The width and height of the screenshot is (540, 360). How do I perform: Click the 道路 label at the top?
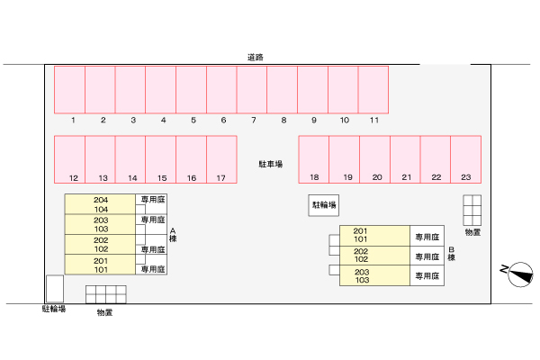[255, 57]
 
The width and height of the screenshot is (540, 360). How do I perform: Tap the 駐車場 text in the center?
[271, 164]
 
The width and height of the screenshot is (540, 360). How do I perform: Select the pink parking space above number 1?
[70, 88]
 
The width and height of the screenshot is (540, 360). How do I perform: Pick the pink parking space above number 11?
[373, 88]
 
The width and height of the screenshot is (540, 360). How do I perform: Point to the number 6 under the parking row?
[222, 120]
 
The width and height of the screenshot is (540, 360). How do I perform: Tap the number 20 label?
[377, 178]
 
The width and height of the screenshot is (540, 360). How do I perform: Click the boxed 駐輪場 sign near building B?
[324, 205]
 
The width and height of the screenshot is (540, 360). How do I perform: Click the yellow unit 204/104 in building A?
[100, 204]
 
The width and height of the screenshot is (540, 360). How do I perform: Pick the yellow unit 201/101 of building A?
[100, 265]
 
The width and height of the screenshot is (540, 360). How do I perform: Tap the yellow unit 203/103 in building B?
[373, 276]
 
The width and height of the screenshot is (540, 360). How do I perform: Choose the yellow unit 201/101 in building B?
[373, 235]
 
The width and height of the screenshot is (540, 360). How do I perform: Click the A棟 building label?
[172, 236]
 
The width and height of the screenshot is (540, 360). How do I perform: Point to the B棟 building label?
[452, 254]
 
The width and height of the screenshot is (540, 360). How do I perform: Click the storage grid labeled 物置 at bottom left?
[105, 293]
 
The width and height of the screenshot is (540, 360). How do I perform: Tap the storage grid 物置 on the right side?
[472, 210]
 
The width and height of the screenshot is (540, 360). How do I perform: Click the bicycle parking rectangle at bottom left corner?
[54, 288]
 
